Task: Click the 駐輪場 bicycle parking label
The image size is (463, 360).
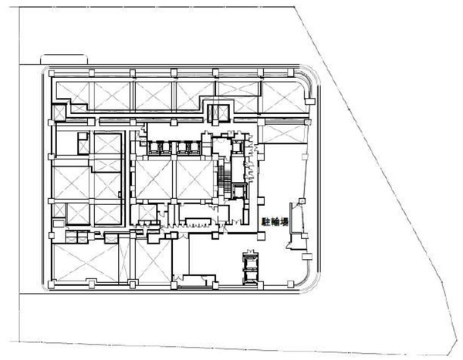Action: coord(275,222)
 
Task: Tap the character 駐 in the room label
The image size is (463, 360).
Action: coord(266,222)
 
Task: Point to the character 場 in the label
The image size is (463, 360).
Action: coord(284,222)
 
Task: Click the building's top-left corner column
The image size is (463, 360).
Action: coord(52,73)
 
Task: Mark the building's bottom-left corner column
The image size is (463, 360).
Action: coord(52,284)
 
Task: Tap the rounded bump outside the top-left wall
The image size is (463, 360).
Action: coord(64,59)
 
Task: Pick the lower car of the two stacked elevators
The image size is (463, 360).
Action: coord(250,277)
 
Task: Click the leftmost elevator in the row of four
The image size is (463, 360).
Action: coord(154,148)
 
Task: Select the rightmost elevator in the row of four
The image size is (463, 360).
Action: coord(194,148)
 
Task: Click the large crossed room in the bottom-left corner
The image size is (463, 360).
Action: coord(86,262)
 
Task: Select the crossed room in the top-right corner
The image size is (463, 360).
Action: coord(283,97)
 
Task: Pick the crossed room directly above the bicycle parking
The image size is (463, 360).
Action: coord(282,133)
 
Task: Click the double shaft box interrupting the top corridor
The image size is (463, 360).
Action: coord(218,113)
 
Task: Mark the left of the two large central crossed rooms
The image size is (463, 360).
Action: coord(153,180)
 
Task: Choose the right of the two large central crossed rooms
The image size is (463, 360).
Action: coord(195,180)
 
